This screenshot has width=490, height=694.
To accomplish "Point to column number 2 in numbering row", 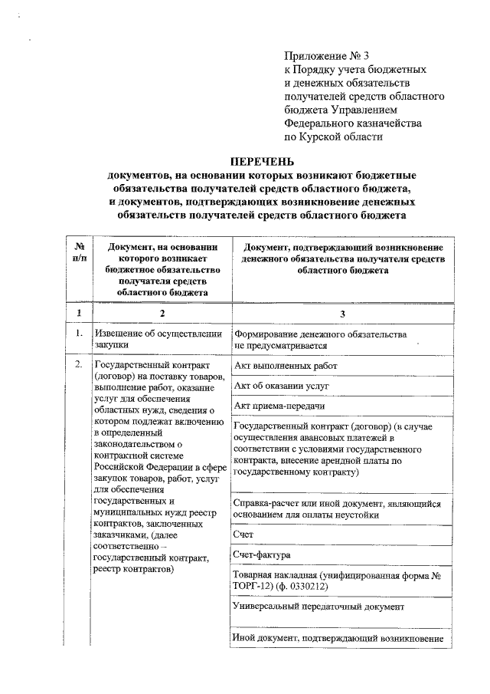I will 162,313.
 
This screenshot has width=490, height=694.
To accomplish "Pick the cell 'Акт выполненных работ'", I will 286,366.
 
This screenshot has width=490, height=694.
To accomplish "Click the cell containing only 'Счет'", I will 243,533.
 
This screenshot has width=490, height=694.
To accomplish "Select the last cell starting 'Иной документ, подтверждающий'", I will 338,639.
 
